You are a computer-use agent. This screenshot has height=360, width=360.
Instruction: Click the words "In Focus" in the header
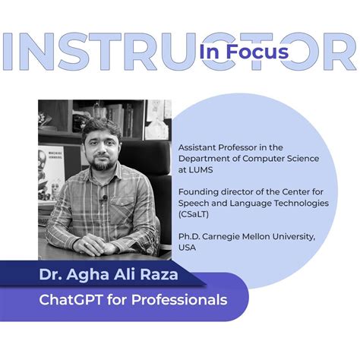click(x=244, y=51)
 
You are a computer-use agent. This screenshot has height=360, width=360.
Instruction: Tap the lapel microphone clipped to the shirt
click(x=105, y=200)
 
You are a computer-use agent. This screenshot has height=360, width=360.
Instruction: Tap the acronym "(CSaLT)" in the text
click(x=194, y=214)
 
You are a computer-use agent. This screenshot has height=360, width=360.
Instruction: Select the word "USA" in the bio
click(x=188, y=247)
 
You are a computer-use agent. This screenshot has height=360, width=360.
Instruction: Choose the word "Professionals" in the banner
click(x=186, y=300)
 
